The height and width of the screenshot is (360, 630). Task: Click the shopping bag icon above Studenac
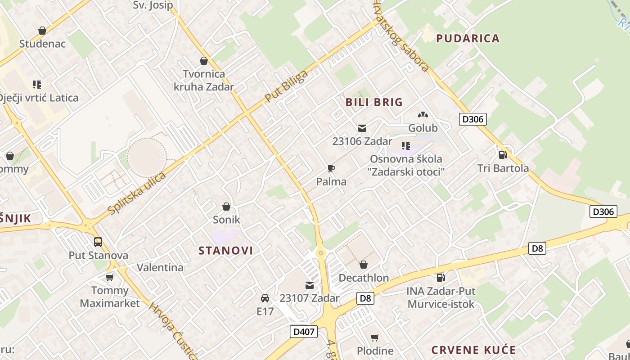tap(42, 31)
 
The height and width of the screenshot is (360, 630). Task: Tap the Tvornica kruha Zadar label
tap(204, 80)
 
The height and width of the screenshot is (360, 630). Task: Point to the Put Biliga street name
tap(286, 85)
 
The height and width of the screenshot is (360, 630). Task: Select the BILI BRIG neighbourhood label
tap(374, 102)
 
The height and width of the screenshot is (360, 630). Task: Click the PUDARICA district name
tap(468, 38)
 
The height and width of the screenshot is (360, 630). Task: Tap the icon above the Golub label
tap(423, 115)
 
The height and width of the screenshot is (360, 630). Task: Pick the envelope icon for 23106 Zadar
tap(362, 128)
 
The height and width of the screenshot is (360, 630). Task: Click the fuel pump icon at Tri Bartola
tap(503, 154)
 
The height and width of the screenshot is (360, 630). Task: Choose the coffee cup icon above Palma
tap(331, 169)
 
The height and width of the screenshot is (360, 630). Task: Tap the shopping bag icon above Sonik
tap(226, 207)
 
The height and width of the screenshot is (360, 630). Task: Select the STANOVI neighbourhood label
tap(226, 251)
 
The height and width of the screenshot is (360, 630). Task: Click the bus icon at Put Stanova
tap(98, 242)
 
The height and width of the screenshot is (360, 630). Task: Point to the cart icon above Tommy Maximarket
tap(110, 277)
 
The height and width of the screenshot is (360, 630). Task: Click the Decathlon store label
tap(364, 278)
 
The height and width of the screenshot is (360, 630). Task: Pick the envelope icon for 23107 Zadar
tap(310, 285)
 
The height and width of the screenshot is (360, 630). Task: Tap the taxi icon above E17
tap(265, 298)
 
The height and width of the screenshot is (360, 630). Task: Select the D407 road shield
tap(304, 332)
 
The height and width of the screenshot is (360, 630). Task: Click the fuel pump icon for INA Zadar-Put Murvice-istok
tap(441, 278)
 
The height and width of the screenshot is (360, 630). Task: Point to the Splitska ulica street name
tap(136, 193)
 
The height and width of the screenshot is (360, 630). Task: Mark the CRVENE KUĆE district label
tap(473, 350)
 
